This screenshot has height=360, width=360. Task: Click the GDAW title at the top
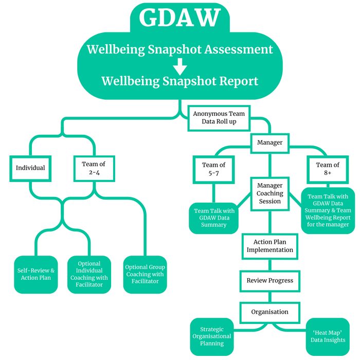point(179,19)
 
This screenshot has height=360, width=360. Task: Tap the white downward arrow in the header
point(179,66)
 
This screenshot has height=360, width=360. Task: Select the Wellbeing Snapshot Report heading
point(179,81)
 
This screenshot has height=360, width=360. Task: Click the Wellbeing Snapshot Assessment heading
point(179,50)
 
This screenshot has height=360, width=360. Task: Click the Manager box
point(269,142)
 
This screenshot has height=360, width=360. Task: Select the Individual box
point(30,168)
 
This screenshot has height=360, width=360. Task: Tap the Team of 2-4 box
point(94,168)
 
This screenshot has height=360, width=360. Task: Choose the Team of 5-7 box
point(213,169)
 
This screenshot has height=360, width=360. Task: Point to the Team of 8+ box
point(328,169)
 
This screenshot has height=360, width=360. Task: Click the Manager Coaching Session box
point(270,194)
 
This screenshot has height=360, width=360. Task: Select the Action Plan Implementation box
point(269,246)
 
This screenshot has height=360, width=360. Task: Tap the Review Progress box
point(269,280)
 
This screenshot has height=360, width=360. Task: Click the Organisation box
point(269,312)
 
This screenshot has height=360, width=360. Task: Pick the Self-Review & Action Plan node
point(36,275)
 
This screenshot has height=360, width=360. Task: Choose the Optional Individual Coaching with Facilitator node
point(89,274)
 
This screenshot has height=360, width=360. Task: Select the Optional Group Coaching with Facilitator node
point(145,275)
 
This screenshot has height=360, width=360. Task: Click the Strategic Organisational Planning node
point(212,337)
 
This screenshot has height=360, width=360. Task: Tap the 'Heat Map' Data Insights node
point(328,337)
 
